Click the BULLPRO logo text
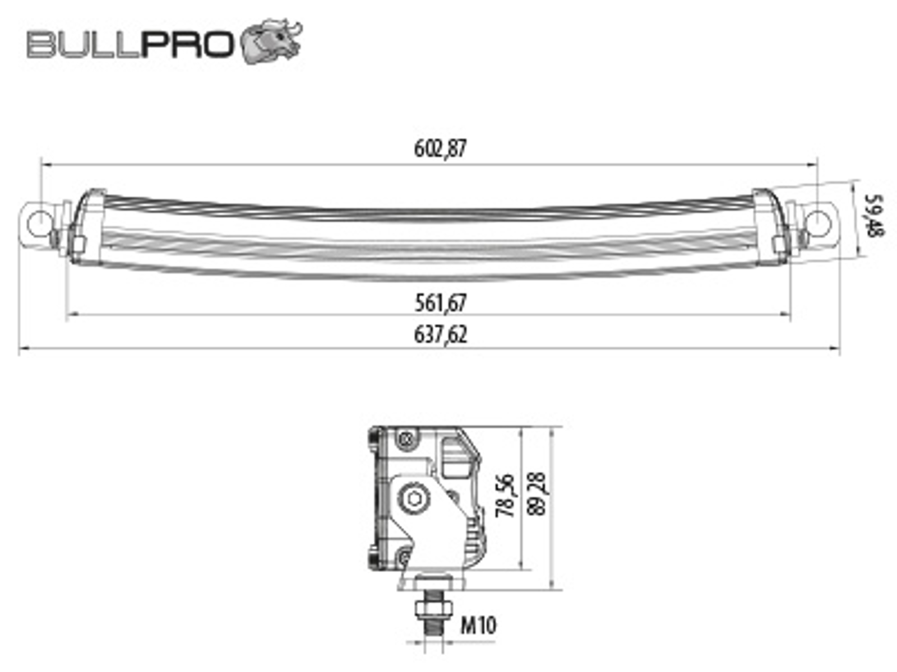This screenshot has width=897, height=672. tap(130, 44)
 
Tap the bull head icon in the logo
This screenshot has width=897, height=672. tap(271, 41)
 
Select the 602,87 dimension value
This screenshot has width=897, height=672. tap(440, 148)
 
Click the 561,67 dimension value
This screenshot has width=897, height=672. tap(440, 303)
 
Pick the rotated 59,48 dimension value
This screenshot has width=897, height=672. tap(873, 216)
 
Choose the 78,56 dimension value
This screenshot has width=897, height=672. tap(505, 496)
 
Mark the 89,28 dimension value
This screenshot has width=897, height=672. tap(537, 494)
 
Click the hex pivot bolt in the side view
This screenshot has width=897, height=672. tap(414, 498)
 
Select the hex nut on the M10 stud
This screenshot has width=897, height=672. tap(434, 610)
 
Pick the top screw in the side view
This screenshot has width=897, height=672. tap(406, 439)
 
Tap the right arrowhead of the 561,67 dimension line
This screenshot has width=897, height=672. tap(785, 314)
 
